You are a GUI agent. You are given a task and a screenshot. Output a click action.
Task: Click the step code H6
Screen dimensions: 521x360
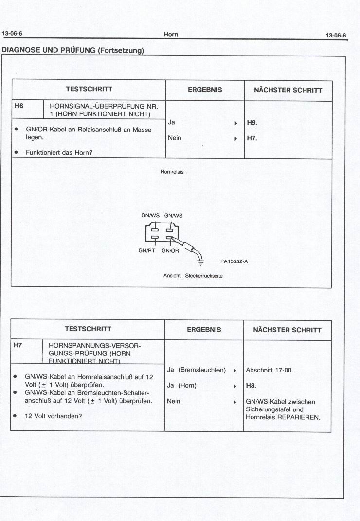19,106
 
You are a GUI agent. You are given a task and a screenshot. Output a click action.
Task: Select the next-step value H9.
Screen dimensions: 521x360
252,123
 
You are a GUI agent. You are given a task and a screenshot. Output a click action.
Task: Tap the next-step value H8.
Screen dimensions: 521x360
251,386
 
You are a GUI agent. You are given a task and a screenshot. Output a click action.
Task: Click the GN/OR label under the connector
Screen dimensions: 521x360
170,251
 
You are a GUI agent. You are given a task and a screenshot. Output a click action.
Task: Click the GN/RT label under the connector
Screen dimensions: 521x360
146,251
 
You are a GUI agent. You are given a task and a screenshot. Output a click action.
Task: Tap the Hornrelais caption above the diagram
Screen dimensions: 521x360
172,172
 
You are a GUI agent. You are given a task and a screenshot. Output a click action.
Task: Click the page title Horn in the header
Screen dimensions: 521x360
171,34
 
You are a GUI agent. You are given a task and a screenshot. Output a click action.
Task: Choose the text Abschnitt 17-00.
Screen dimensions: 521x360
269,370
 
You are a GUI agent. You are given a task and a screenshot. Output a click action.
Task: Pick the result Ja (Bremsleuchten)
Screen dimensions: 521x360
197,370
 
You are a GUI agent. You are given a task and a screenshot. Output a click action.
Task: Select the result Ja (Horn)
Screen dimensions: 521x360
181,386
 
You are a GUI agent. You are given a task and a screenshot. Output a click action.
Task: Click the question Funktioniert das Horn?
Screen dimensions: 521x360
59,152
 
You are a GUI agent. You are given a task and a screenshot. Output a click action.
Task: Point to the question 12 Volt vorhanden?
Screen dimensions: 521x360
54,416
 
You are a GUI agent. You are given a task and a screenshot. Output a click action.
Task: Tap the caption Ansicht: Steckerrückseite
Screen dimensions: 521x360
193,276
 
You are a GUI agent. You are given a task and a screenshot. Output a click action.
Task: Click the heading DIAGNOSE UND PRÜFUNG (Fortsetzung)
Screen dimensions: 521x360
73,50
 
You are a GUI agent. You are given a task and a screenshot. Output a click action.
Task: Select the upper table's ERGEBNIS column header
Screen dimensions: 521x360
205,90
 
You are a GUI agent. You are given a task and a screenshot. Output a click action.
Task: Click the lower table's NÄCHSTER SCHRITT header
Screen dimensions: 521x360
287,330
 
